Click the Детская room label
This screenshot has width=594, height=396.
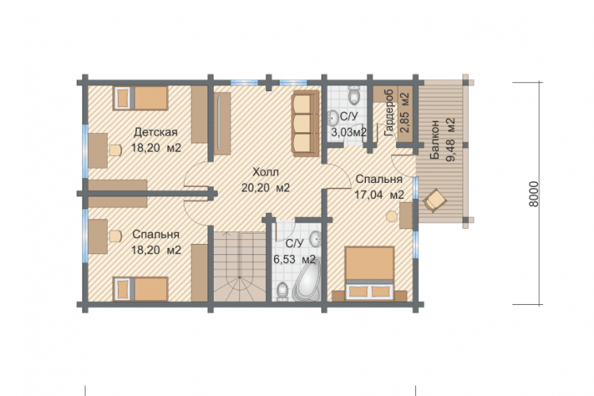(155, 132)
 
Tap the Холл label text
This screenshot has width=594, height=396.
(265, 173)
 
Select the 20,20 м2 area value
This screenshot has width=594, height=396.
(265, 188)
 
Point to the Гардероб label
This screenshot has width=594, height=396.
(390, 113)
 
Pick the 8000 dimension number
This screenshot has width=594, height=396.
(533, 194)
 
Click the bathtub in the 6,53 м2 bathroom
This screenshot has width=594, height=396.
(307, 280)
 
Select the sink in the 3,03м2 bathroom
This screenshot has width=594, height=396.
(333, 117)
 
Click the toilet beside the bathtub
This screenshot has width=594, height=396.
(282, 291)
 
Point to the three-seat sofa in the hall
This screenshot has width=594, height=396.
(306, 124)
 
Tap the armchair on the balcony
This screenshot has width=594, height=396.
(435, 200)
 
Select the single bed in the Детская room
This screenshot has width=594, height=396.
(140, 98)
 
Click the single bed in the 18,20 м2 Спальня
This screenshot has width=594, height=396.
(140, 289)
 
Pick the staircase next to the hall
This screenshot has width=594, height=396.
(240, 266)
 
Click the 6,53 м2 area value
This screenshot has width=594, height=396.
(295, 260)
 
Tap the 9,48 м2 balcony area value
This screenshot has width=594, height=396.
(451, 140)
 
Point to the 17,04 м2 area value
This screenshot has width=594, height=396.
(379, 195)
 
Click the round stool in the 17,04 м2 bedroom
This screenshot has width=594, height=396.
(392, 216)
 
